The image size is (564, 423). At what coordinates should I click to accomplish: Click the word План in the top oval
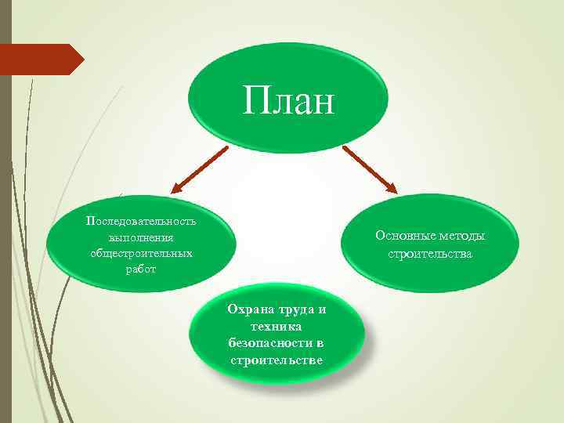point(287,100)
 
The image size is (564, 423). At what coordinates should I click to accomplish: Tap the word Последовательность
point(141,220)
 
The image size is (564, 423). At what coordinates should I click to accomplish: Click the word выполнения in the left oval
point(141,237)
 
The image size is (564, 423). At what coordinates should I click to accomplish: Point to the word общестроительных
point(141,253)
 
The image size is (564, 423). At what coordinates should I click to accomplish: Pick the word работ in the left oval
point(141,269)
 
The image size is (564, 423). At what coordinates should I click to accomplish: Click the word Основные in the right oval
point(403,236)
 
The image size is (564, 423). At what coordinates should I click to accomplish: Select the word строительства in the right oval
point(430,254)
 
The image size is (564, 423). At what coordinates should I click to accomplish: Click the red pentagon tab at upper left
point(39,59)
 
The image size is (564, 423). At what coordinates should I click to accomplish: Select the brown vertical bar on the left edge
point(5,235)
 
